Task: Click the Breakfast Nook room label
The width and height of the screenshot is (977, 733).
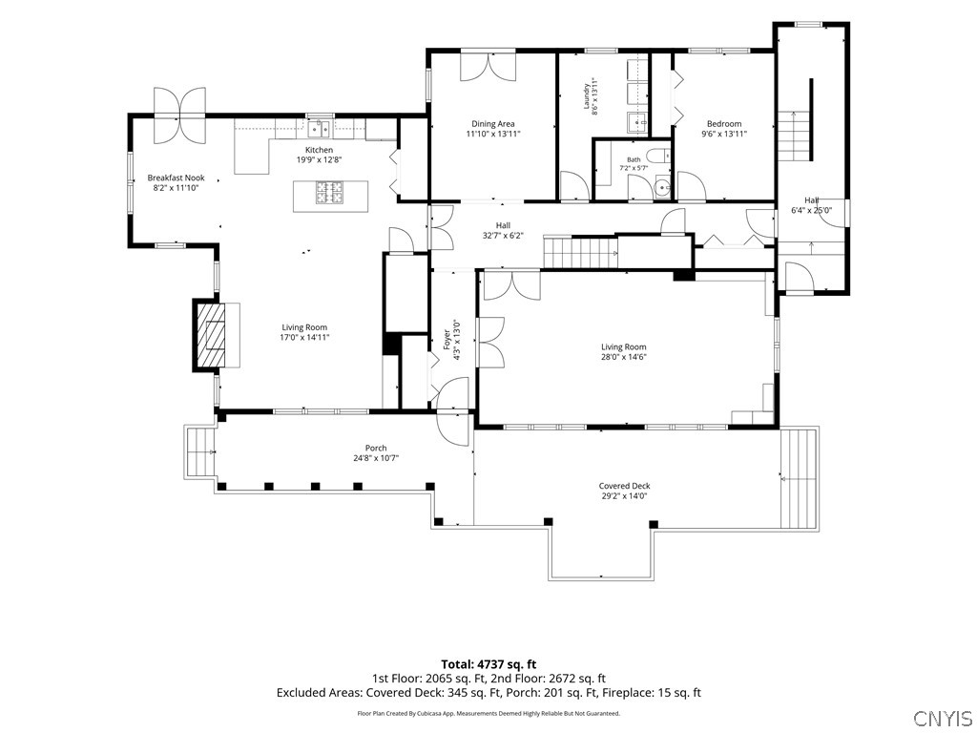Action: (x=176, y=178)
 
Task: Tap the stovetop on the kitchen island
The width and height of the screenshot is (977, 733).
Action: (x=330, y=192)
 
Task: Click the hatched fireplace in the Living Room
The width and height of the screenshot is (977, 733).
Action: (x=209, y=337)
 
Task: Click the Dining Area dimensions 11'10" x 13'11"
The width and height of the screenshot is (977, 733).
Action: (x=493, y=134)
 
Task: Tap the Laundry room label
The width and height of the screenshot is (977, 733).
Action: (x=587, y=96)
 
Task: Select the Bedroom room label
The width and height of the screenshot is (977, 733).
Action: (x=724, y=123)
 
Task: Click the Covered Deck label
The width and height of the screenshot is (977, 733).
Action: (x=624, y=486)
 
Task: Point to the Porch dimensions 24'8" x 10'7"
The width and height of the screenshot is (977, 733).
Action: (x=376, y=458)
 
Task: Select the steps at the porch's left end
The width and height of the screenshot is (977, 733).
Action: (x=199, y=450)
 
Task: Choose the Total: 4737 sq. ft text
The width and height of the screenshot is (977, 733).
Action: (x=488, y=664)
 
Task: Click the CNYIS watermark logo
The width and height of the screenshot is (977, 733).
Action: (x=943, y=717)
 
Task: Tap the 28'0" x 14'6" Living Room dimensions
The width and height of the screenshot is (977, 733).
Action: (x=624, y=357)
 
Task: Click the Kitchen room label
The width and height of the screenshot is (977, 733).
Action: (x=319, y=150)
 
